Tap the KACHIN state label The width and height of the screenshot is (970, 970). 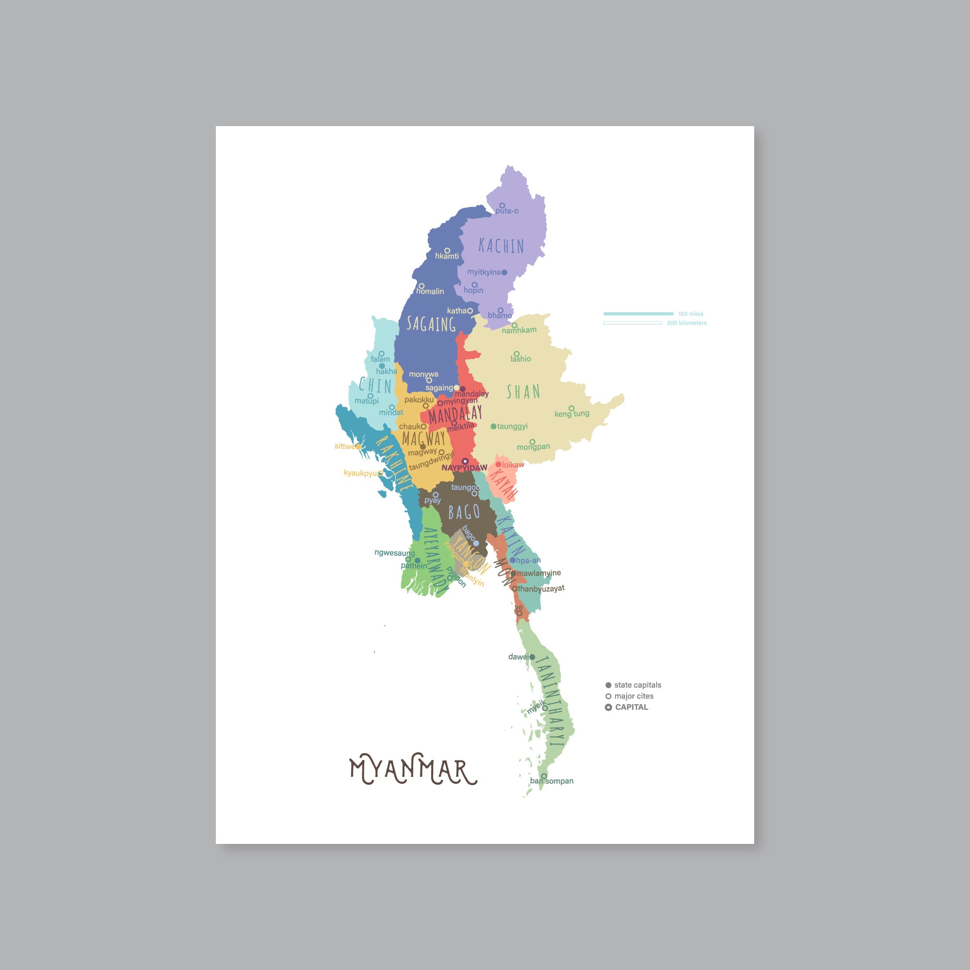tap(501, 246)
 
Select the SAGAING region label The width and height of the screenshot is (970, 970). tap(431, 324)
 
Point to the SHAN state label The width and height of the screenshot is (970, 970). tap(523, 391)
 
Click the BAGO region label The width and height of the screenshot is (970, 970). tap(464, 512)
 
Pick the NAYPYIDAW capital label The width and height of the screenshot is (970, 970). tap(465, 468)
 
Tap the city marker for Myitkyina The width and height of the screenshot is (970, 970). tap(504, 272)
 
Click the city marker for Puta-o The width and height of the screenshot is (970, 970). tap(501, 205)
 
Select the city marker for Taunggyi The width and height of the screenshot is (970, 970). tap(494, 426)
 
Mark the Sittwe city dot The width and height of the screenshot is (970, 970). tap(358, 446)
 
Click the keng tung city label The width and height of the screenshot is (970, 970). tap(571, 414)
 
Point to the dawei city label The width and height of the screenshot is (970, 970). tap(518, 657)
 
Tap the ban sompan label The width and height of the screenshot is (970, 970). tap(551, 781)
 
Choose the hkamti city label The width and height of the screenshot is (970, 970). tap(447, 256)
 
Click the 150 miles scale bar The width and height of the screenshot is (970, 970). tap(638, 314)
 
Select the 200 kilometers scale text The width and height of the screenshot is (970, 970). tap(686, 323)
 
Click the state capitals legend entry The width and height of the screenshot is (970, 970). tap(637, 685)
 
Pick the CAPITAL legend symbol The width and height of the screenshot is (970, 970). tap(608, 707)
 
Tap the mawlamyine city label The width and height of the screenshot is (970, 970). tap(539, 573)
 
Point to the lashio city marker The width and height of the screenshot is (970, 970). tap(516, 354)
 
